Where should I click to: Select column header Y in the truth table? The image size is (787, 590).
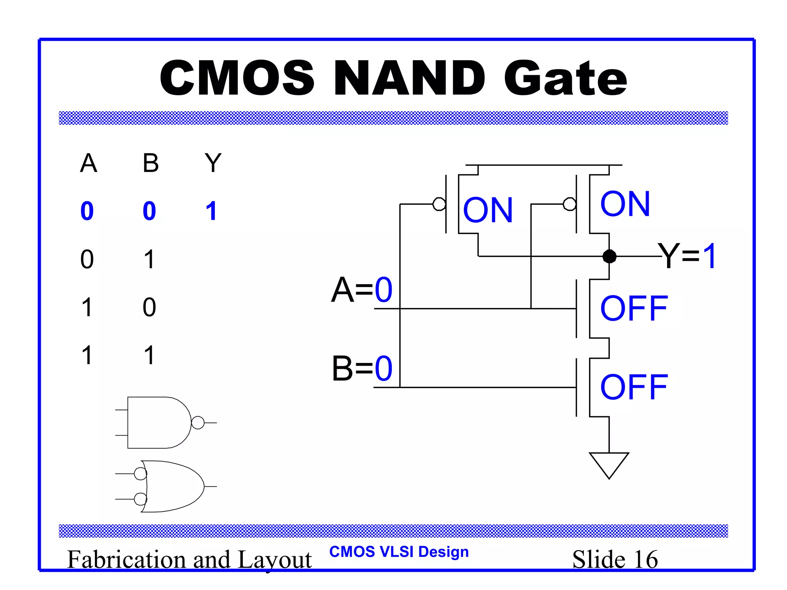coord(213,163)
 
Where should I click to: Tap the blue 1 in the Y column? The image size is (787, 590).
coord(211,211)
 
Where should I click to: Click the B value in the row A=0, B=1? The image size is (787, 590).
coord(149,259)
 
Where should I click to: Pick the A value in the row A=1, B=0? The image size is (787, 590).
coord(87,307)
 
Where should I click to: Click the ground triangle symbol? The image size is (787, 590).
coord(609,464)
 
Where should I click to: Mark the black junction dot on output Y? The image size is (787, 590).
coord(609,256)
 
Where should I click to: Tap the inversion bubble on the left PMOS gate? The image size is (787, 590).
coord(439,204)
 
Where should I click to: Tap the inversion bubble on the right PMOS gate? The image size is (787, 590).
coord(569,204)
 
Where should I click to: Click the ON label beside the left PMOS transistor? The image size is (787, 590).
coord(488,210)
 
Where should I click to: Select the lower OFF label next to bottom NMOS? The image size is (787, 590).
coord(634,387)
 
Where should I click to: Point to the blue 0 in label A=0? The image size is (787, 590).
coord(384,290)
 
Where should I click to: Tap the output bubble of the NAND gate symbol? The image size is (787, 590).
coord(198,423)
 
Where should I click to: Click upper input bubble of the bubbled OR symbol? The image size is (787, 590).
coord(140,474)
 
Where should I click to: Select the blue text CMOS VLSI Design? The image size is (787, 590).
coord(399,552)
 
